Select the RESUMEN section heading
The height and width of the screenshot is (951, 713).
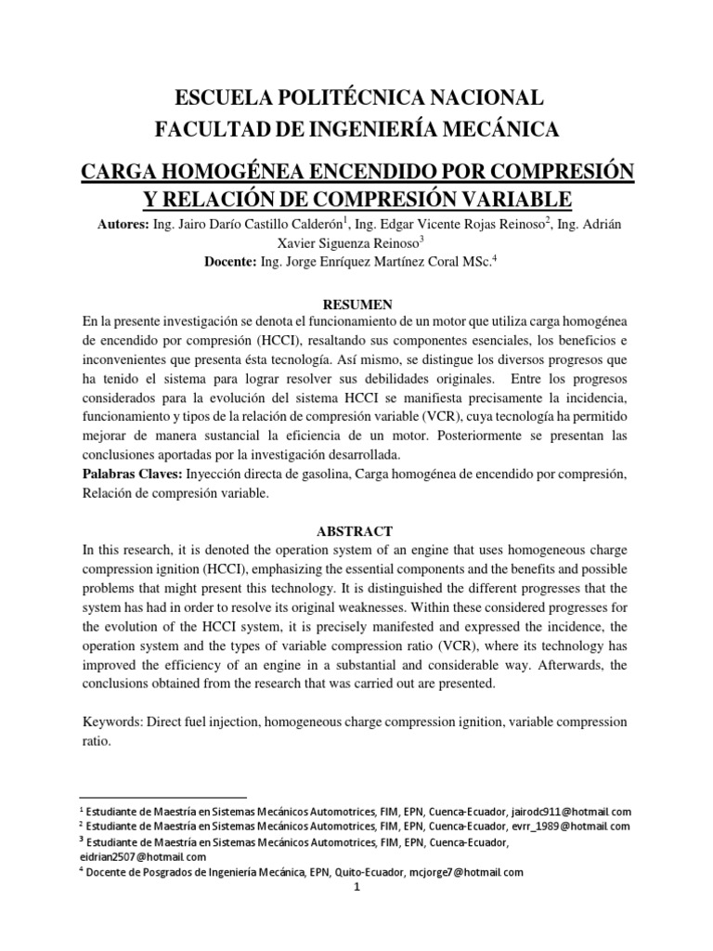coord(356,304)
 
